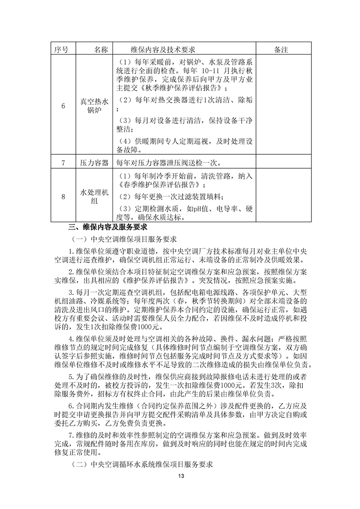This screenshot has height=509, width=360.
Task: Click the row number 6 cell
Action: click(x=64, y=106)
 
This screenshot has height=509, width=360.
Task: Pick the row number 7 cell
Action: click(x=64, y=162)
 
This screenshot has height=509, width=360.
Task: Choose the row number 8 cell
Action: click(x=64, y=196)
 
